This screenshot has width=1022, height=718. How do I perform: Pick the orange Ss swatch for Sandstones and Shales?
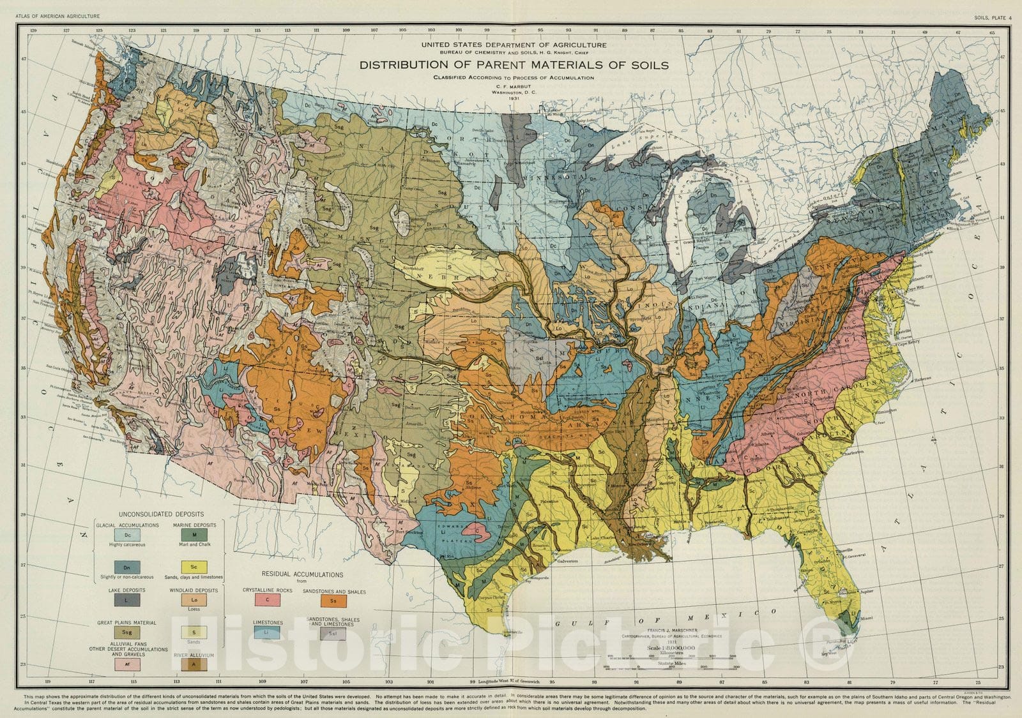tap(333, 601)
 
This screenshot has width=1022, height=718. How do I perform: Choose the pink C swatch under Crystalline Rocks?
tap(267, 600)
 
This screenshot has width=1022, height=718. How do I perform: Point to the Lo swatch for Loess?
tap(194, 601)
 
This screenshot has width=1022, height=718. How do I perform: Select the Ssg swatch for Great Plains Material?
tap(127, 633)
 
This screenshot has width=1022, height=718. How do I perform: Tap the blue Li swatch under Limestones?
tap(267, 633)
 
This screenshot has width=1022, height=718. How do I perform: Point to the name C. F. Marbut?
tap(514, 86)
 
